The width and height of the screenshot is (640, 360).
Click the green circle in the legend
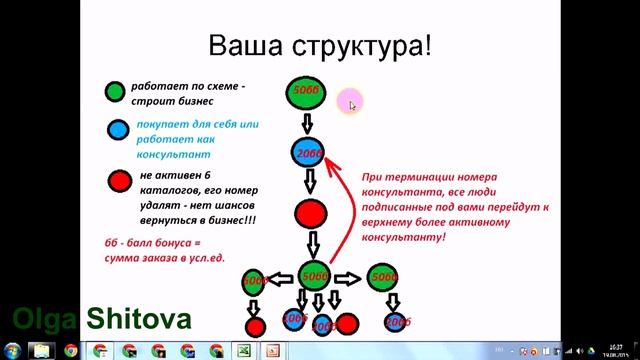click(117, 93)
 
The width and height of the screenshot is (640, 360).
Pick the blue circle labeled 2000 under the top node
click(308, 153)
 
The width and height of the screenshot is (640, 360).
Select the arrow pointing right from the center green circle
click(348, 278)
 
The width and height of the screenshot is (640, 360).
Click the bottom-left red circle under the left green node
click(255, 325)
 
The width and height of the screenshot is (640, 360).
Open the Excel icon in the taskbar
click(243, 351)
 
